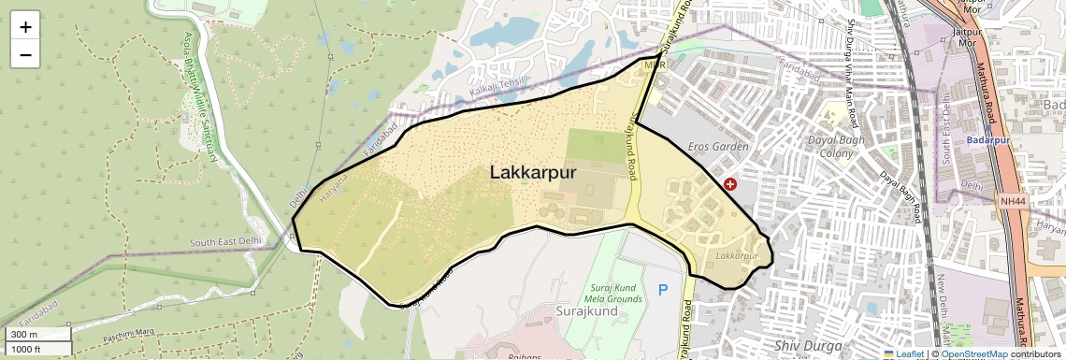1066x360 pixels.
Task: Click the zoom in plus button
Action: pos(25,26)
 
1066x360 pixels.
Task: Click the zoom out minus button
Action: pos(25,54)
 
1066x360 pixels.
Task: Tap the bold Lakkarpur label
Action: pos(533,173)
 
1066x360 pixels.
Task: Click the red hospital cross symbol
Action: pos(730,185)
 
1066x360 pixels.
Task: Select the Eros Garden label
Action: pos(718,147)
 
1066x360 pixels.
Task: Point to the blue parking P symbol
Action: pos(663,290)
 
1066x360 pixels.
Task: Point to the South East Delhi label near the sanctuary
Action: pos(223,242)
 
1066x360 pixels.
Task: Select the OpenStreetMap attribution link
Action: pos(973,353)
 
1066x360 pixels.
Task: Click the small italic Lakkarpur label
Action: pos(735,255)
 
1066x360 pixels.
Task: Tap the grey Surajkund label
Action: pos(583,309)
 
